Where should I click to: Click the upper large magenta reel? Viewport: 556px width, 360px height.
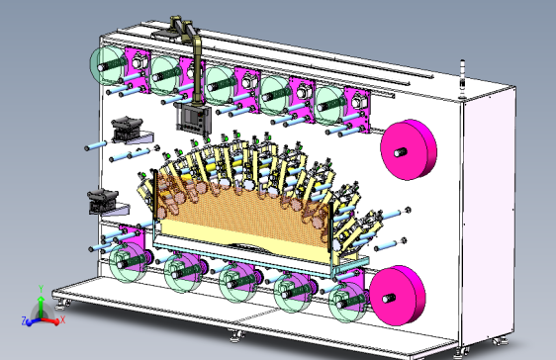coord(408,149)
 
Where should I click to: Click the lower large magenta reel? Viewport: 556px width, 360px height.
coord(397,296)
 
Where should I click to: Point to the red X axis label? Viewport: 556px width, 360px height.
coord(62,320)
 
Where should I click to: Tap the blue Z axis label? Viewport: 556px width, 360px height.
coord(24,321)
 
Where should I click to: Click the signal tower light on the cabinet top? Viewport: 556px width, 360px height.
coord(462,79)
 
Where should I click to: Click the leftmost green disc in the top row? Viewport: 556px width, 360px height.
coord(107,65)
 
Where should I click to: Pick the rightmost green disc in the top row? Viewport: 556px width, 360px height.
coord(328,106)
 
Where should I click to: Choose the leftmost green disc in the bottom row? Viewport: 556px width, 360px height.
coord(127,262)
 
